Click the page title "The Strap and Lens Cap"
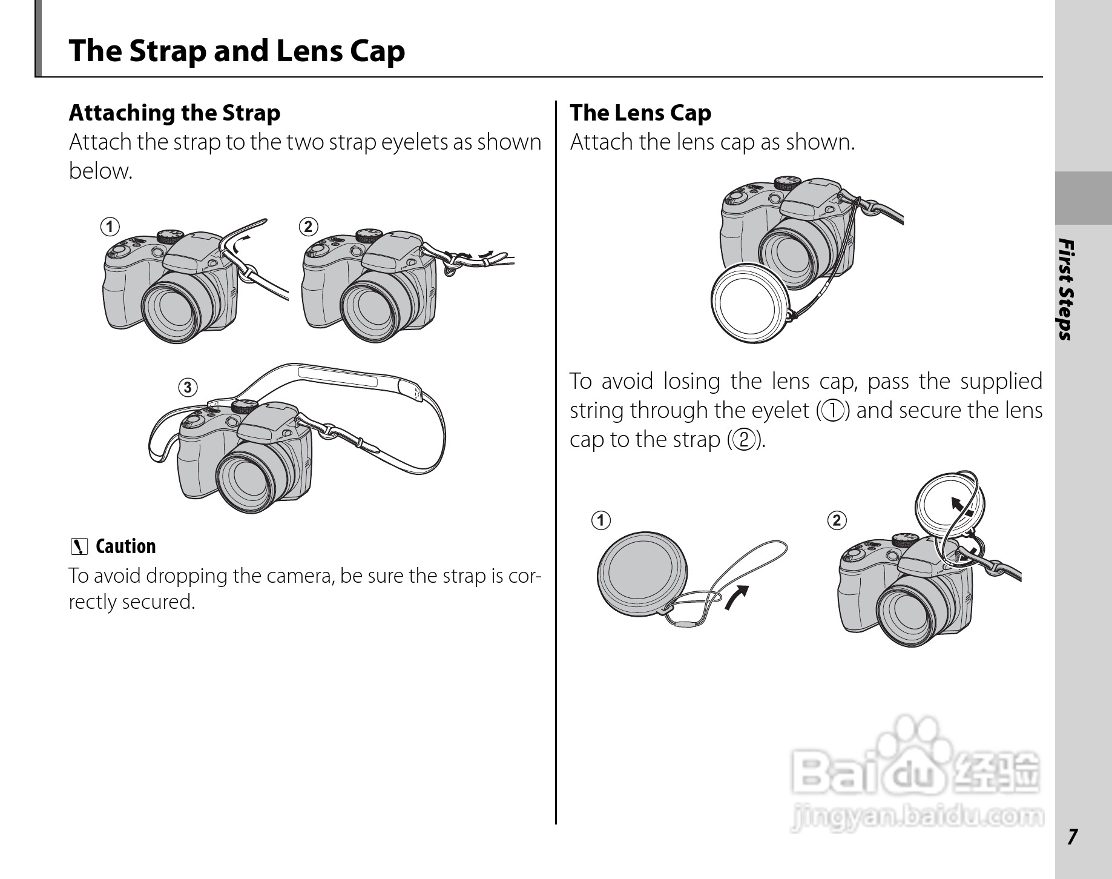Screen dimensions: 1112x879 tap(237, 51)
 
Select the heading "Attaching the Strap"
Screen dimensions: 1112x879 tap(174, 113)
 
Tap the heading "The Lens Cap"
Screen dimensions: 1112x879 tap(640, 113)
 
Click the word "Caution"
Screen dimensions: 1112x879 tap(126, 546)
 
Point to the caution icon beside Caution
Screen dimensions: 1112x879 tap(78, 547)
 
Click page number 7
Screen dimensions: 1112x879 tap(1072, 837)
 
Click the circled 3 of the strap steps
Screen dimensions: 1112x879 tap(188, 387)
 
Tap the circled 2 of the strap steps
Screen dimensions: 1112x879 tap(308, 227)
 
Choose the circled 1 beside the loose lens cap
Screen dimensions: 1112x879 tap(601, 520)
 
